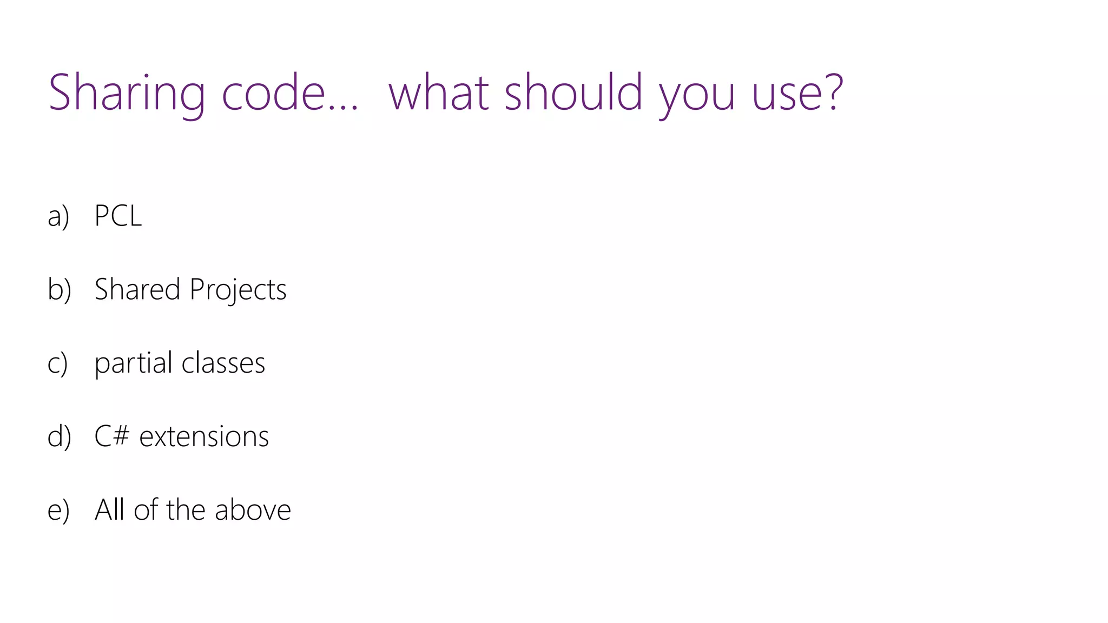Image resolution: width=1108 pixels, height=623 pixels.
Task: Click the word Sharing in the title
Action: pyautogui.click(x=127, y=93)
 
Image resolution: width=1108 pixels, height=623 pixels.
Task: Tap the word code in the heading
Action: pyautogui.click(x=273, y=93)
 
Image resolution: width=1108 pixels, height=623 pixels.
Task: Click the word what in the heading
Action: pyautogui.click(x=439, y=93)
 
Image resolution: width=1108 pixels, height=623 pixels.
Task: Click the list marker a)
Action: pyautogui.click(x=58, y=216)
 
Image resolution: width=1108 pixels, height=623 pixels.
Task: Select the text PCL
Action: pyautogui.click(x=118, y=215)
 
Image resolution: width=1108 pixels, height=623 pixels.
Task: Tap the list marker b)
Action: pyautogui.click(x=59, y=289)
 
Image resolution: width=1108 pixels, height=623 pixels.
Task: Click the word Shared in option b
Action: pyautogui.click(x=137, y=289)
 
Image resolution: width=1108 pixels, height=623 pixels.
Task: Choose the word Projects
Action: pyautogui.click(x=238, y=290)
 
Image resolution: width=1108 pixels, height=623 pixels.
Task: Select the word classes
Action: pyautogui.click(x=223, y=363)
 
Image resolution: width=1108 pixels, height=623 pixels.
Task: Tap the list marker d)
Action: pyautogui.click(x=59, y=436)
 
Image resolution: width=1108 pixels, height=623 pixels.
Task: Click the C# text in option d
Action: pyautogui.click(x=112, y=436)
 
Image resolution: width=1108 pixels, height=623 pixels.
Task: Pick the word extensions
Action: pyautogui.click(x=204, y=436)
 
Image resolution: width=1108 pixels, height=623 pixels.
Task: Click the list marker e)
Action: pyautogui.click(x=58, y=510)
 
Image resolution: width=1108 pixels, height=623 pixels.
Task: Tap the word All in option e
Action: pyautogui.click(x=110, y=509)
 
